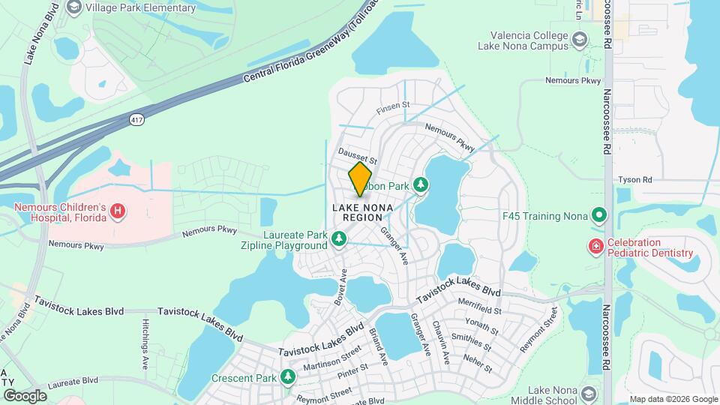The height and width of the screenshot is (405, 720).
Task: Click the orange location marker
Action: [361, 179]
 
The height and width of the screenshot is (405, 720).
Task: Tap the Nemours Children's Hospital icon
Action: [117, 212]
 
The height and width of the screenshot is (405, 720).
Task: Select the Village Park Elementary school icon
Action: [74, 8]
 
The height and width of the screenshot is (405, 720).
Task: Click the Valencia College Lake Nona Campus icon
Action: [579, 39]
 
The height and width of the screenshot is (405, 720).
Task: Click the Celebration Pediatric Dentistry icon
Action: [596, 247]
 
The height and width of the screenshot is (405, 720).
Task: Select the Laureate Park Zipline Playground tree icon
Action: [339, 239]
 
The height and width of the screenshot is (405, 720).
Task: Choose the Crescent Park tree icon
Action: [288, 377]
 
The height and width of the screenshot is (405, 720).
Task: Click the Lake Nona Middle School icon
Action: [589, 394]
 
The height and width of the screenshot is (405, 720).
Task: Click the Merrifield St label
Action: [479, 309]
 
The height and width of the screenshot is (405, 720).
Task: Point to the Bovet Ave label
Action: [339, 288]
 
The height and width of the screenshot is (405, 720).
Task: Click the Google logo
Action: [25, 395]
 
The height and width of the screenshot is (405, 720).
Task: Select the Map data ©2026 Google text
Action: [673, 399]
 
